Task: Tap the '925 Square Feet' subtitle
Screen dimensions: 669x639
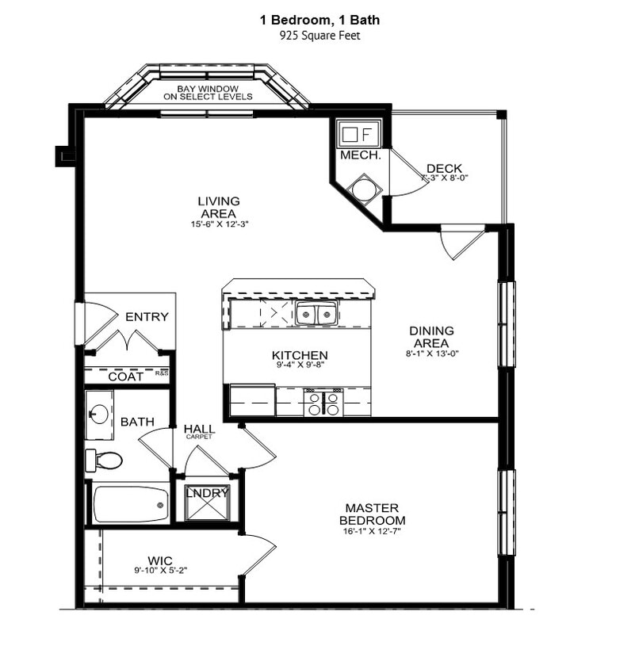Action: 319,36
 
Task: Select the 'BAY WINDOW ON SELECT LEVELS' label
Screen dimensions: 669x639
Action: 208,92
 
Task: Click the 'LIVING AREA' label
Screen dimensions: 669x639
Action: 219,207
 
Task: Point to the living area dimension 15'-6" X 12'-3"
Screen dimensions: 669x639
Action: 219,224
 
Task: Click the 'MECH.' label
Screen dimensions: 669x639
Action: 360,155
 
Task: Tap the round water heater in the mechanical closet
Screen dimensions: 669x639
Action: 366,189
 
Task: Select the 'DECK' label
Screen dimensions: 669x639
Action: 444,168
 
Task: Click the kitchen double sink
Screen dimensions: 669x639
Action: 316,315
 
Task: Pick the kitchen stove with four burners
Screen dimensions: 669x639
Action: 323,403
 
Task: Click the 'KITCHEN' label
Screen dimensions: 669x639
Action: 300,355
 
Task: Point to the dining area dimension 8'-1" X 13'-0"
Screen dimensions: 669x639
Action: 431,354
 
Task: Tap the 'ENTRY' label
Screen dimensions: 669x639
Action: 147,317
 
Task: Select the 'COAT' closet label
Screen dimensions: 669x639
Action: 126,377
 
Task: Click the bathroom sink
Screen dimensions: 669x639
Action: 99,414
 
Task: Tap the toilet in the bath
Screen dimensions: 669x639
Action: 105,460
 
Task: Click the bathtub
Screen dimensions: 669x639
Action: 131,504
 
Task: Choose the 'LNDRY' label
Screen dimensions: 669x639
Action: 207,493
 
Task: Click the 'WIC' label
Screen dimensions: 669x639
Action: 160,560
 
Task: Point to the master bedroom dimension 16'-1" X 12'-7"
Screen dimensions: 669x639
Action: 372,531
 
